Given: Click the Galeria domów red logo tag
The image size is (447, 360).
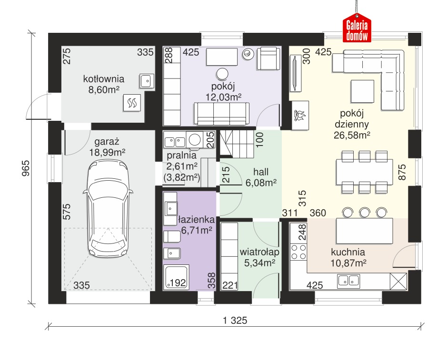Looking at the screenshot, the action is click(x=357, y=29).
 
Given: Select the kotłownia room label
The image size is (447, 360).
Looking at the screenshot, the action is click(x=103, y=79).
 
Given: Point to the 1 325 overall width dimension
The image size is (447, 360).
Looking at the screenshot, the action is click(x=235, y=321).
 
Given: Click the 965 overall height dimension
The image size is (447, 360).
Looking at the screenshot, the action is click(x=26, y=168).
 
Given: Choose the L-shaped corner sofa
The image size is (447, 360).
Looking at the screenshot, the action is click(x=368, y=80).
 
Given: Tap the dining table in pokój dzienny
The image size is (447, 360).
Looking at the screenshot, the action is click(x=364, y=172).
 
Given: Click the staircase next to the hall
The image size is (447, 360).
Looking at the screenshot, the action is click(x=237, y=144).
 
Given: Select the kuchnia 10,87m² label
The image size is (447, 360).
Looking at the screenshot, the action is click(x=348, y=257).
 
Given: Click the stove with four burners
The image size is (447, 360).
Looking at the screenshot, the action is click(x=298, y=252).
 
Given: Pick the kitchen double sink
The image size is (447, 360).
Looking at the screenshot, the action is click(x=348, y=281).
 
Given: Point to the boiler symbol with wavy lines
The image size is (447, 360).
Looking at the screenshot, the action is click(x=132, y=103).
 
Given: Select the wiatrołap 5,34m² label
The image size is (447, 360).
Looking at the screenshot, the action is click(x=259, y=257).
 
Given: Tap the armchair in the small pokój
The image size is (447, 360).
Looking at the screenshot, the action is click(x=268, y=58).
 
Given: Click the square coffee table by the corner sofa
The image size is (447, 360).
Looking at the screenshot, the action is click(x=362, y=91).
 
